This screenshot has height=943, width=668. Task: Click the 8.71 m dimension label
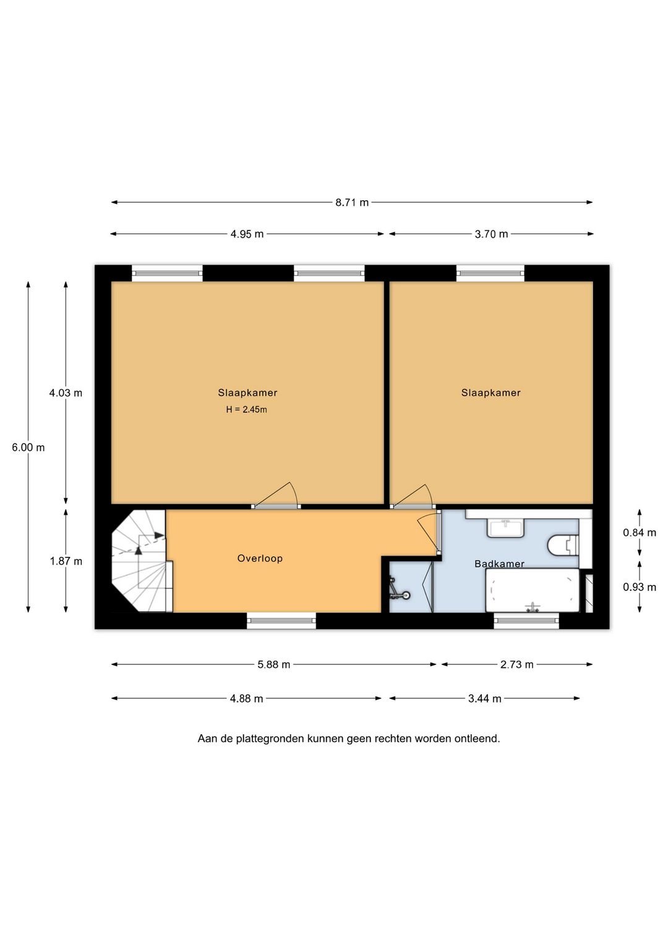[x=352, y=203]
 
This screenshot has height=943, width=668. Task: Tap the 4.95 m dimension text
[x=247, y=234]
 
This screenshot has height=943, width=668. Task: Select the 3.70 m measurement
[x=491, y=234]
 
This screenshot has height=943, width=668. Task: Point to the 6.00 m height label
[x=28, y=447]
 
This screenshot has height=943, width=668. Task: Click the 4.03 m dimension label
[x=66, y=393]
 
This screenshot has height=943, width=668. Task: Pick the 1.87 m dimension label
[x=66, y=561]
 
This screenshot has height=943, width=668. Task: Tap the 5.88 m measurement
[x=274, y=665]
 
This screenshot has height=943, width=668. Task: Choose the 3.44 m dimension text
[x=485, y=699]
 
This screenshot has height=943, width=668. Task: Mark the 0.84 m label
[x=640, y=533]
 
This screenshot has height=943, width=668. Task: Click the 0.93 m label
[x=640, y=587]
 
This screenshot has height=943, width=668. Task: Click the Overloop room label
[x=260, y=559]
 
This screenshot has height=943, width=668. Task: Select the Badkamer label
[x=499, y=564]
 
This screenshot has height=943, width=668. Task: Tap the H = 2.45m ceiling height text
[x=247, y=409]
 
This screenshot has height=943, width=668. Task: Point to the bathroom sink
[x=506, y=528]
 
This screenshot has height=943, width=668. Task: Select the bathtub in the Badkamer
[x=533, y=590]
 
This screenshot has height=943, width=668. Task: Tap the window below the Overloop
[x=281, y=620]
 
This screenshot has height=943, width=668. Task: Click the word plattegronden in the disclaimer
[x=270, y=739]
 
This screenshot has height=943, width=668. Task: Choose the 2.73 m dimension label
[x=517, y=665]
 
